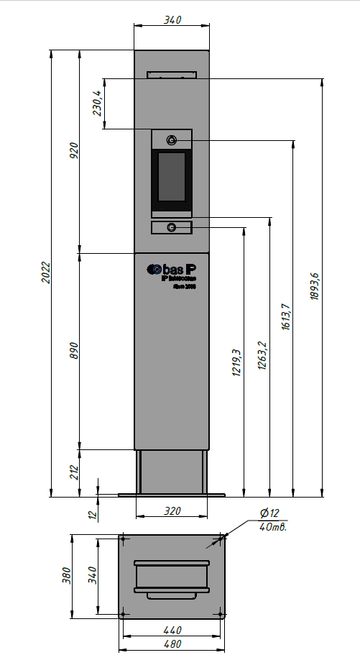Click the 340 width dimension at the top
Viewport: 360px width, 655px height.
(x=172, y=20)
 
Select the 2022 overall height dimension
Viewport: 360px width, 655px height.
(x=45, y=272)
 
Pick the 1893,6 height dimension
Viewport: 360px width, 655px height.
(x=314, y=288)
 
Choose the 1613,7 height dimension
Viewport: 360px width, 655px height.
(x=285, y=317)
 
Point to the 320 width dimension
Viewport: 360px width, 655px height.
(x=172, y=511)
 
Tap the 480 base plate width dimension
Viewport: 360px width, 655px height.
(x=172, y=644)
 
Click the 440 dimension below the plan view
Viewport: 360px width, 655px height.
(x=172, y=630)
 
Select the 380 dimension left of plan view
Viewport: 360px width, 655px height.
(x=66, y=577)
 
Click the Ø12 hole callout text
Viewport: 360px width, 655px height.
(x=269, y=513)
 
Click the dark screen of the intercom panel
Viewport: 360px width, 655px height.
(x=172, y=176)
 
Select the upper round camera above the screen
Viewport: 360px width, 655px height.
(x=172, y=139)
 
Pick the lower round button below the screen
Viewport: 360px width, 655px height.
(x=172, y=228)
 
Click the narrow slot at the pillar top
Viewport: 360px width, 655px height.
(x=172, y=75)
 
